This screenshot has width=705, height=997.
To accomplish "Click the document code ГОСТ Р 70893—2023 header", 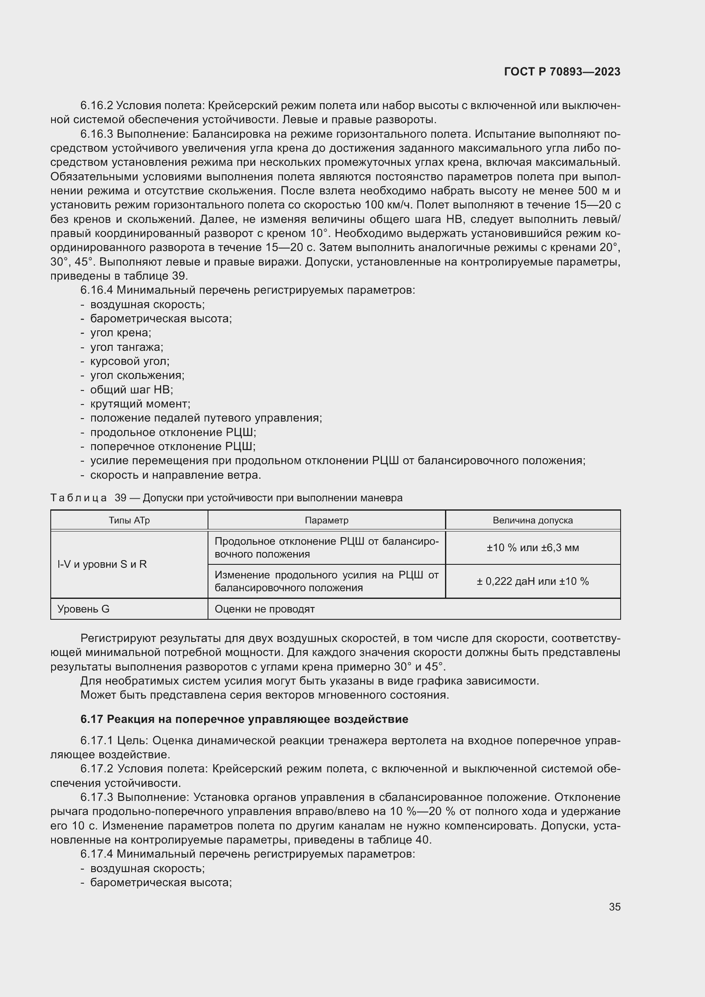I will pos(562,72).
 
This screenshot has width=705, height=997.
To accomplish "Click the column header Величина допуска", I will pos(533,520).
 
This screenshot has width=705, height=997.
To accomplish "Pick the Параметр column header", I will pos(326,520).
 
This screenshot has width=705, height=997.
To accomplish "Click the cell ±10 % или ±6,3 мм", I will pos(533,548).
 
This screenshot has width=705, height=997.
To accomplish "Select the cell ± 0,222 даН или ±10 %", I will pos(533,581).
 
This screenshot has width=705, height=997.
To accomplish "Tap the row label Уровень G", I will pos(84,609).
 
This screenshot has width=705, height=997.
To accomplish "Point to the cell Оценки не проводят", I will pos(264,609).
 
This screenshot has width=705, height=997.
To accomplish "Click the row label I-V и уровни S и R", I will pos(102,564).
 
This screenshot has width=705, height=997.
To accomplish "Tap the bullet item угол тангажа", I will pos(126,347).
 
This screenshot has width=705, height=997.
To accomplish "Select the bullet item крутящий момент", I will pos(140,404).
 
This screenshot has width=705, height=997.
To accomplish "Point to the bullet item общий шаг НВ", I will pos(132,390).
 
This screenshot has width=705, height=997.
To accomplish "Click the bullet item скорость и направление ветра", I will pos(175,475).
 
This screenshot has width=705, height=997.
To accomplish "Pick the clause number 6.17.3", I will pos(97,797).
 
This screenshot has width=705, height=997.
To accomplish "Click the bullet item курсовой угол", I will pos(130,361).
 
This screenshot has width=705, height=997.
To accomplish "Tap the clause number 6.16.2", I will pos(96,106).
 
